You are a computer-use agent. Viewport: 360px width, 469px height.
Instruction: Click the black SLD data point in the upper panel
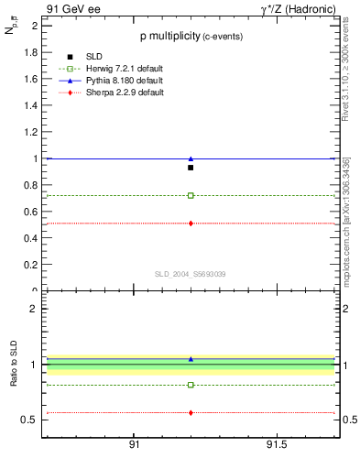click(191, 168)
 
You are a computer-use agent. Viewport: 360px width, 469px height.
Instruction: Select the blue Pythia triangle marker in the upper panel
click(191, 158)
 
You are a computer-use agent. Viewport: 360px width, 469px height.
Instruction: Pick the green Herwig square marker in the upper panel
click(191, 195)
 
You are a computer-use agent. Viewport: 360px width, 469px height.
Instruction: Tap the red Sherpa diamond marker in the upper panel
click(191, 224)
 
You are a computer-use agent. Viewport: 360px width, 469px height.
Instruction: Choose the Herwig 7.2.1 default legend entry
click(108, 70)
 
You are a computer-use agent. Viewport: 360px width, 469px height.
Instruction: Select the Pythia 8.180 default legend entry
click(108, 82)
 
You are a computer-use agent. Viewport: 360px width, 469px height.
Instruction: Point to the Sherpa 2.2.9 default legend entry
click(108, 93)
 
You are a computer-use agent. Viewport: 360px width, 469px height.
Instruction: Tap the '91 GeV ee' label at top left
click(70, 9)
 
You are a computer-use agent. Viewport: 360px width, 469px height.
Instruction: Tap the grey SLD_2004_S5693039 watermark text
click(190, 274)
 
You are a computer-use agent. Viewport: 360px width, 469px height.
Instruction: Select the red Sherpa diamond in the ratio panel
click(191, 412)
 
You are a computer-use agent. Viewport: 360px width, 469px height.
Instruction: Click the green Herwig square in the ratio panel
click(191, 385)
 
